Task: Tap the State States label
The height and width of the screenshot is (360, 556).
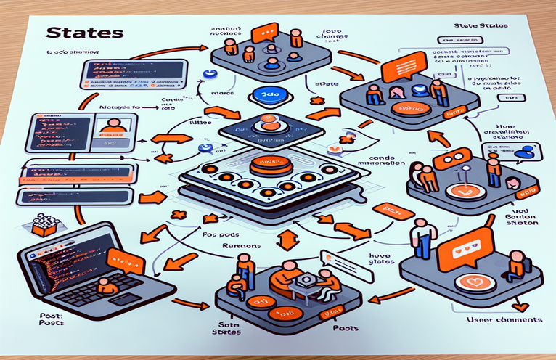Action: pos(481,26)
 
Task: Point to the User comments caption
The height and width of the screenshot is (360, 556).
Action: pos(505,319)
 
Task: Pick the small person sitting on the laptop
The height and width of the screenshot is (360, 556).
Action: pos(107,285)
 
